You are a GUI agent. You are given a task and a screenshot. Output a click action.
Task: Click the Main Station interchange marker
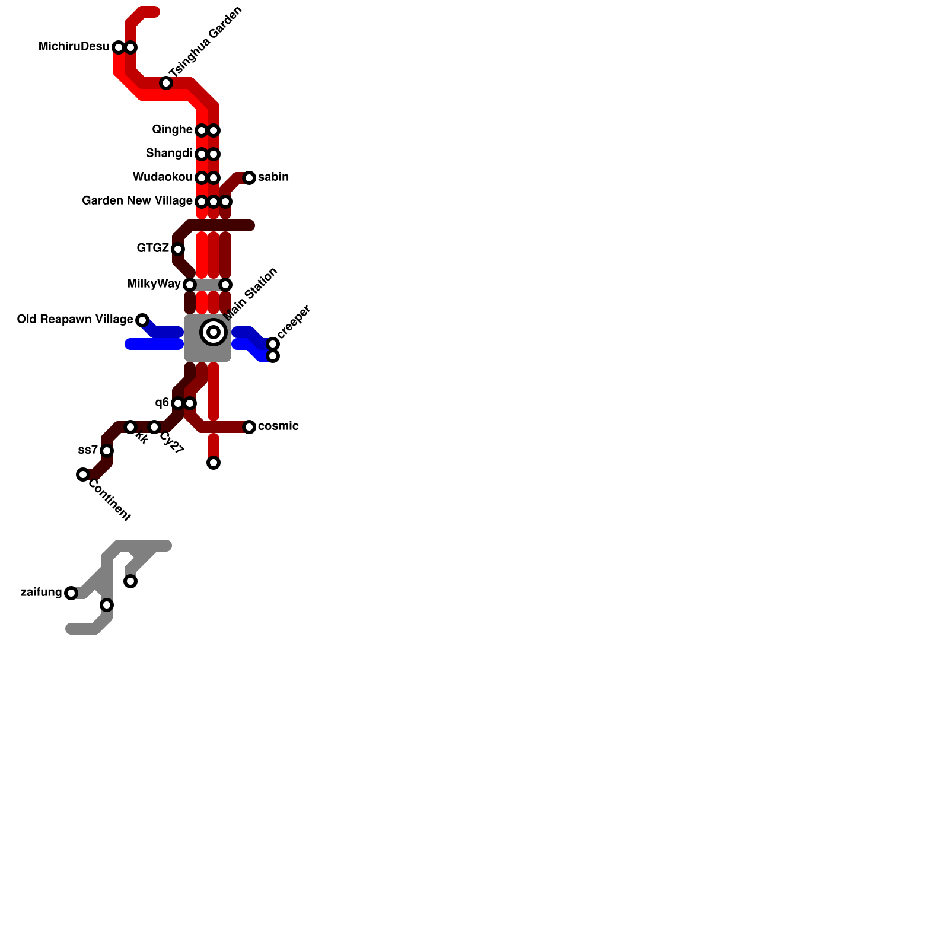coord(214,332)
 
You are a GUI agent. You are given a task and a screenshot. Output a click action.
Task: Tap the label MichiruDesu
coord(74,47)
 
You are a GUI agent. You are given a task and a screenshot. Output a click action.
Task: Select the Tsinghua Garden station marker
coord(166,83)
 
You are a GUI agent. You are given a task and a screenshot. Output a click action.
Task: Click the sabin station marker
coord(249,178)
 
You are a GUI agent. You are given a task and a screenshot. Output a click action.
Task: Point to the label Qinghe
coord(172,130)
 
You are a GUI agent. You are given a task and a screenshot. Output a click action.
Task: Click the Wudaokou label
coord(163,177)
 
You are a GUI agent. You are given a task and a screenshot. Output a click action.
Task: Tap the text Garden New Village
coord(137,201)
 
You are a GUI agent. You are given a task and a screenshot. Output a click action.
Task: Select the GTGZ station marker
coord(178,249)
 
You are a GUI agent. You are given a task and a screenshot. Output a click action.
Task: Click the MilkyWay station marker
coord(190,285)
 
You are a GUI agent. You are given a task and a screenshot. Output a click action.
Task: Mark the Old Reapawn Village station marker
coord(142,320)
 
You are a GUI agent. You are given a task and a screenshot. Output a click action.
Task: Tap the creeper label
coord(294,322)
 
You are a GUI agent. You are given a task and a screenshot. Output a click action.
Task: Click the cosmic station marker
coord(249,427)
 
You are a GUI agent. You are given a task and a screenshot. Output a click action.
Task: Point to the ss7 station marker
coord(107,451)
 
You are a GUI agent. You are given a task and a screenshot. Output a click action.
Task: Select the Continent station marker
coord(83,474)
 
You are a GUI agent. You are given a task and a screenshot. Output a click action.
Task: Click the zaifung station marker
coord(71,593)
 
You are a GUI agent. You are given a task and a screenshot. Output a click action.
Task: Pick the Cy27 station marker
coord(154,427)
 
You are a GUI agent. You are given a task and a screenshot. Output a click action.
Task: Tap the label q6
coord(162,403)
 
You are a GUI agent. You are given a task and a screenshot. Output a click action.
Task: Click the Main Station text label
coord(252,294)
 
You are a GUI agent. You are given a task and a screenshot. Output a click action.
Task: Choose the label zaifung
coord(41,593)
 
